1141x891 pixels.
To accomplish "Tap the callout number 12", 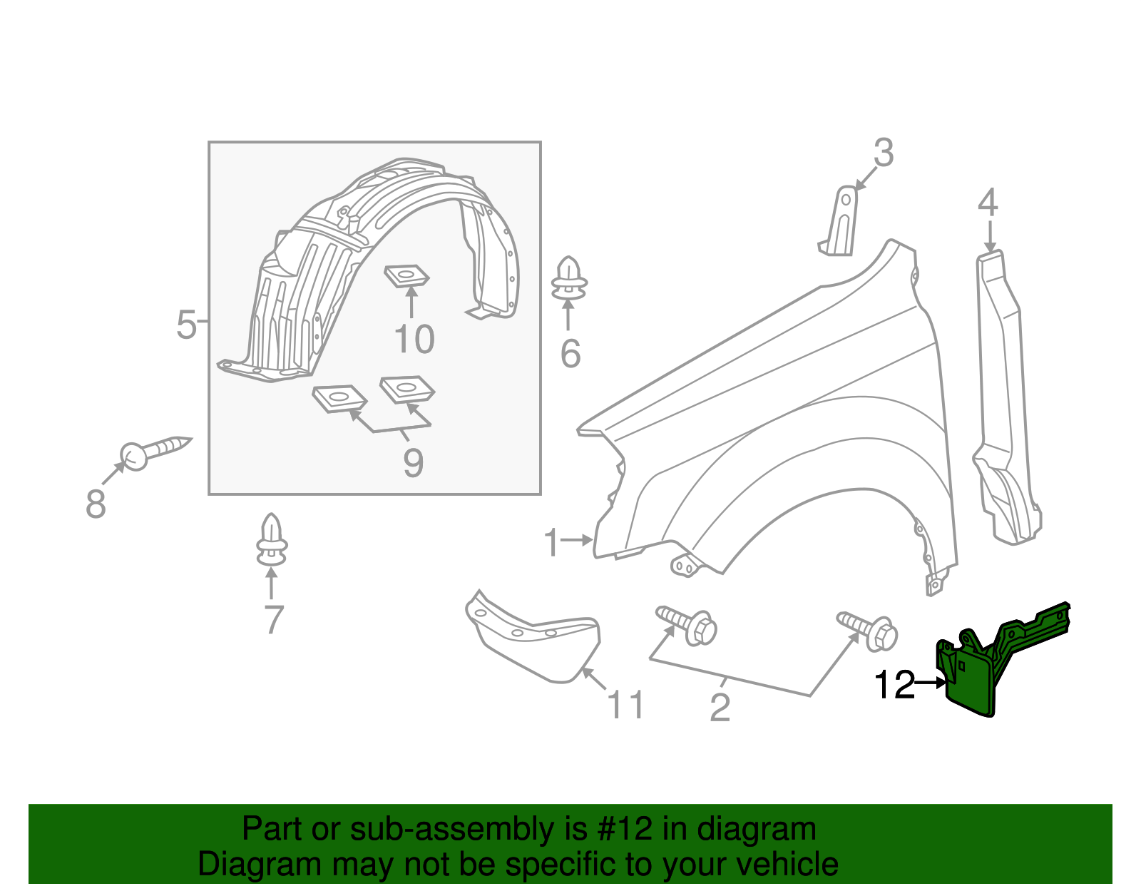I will (894, 686).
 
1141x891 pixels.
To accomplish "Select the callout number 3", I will (883, 153).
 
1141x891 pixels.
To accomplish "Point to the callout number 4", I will (988, 203).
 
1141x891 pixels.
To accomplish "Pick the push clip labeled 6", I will (569, 280).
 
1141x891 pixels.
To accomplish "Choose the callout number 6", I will (570, 354).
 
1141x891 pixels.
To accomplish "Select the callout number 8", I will (96, 504).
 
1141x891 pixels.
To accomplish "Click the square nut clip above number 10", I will (407, 275).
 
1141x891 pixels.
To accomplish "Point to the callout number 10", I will (414, 340).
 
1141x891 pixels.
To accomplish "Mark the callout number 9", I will (414, 462).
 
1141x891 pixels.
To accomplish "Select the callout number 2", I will (720, 708).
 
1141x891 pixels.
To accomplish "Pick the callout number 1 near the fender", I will (551, 543).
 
